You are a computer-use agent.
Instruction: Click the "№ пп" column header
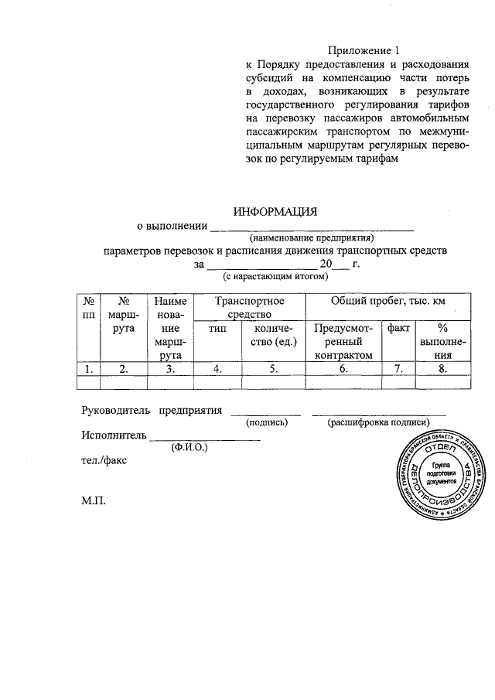click(x=90, y=307)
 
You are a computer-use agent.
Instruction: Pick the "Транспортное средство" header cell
click(x=250, y=307)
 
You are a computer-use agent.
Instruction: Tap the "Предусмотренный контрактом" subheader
click(x=344, y=341)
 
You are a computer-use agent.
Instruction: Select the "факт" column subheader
click(x=398, y=329)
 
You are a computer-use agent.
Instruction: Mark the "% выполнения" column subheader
click(x=442, y=341)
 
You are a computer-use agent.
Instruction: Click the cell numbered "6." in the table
click(x=344, y=369)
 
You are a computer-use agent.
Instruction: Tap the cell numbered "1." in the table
click(x=90, y=369)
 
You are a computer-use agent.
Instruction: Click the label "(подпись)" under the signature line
click(x=267, y=422)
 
